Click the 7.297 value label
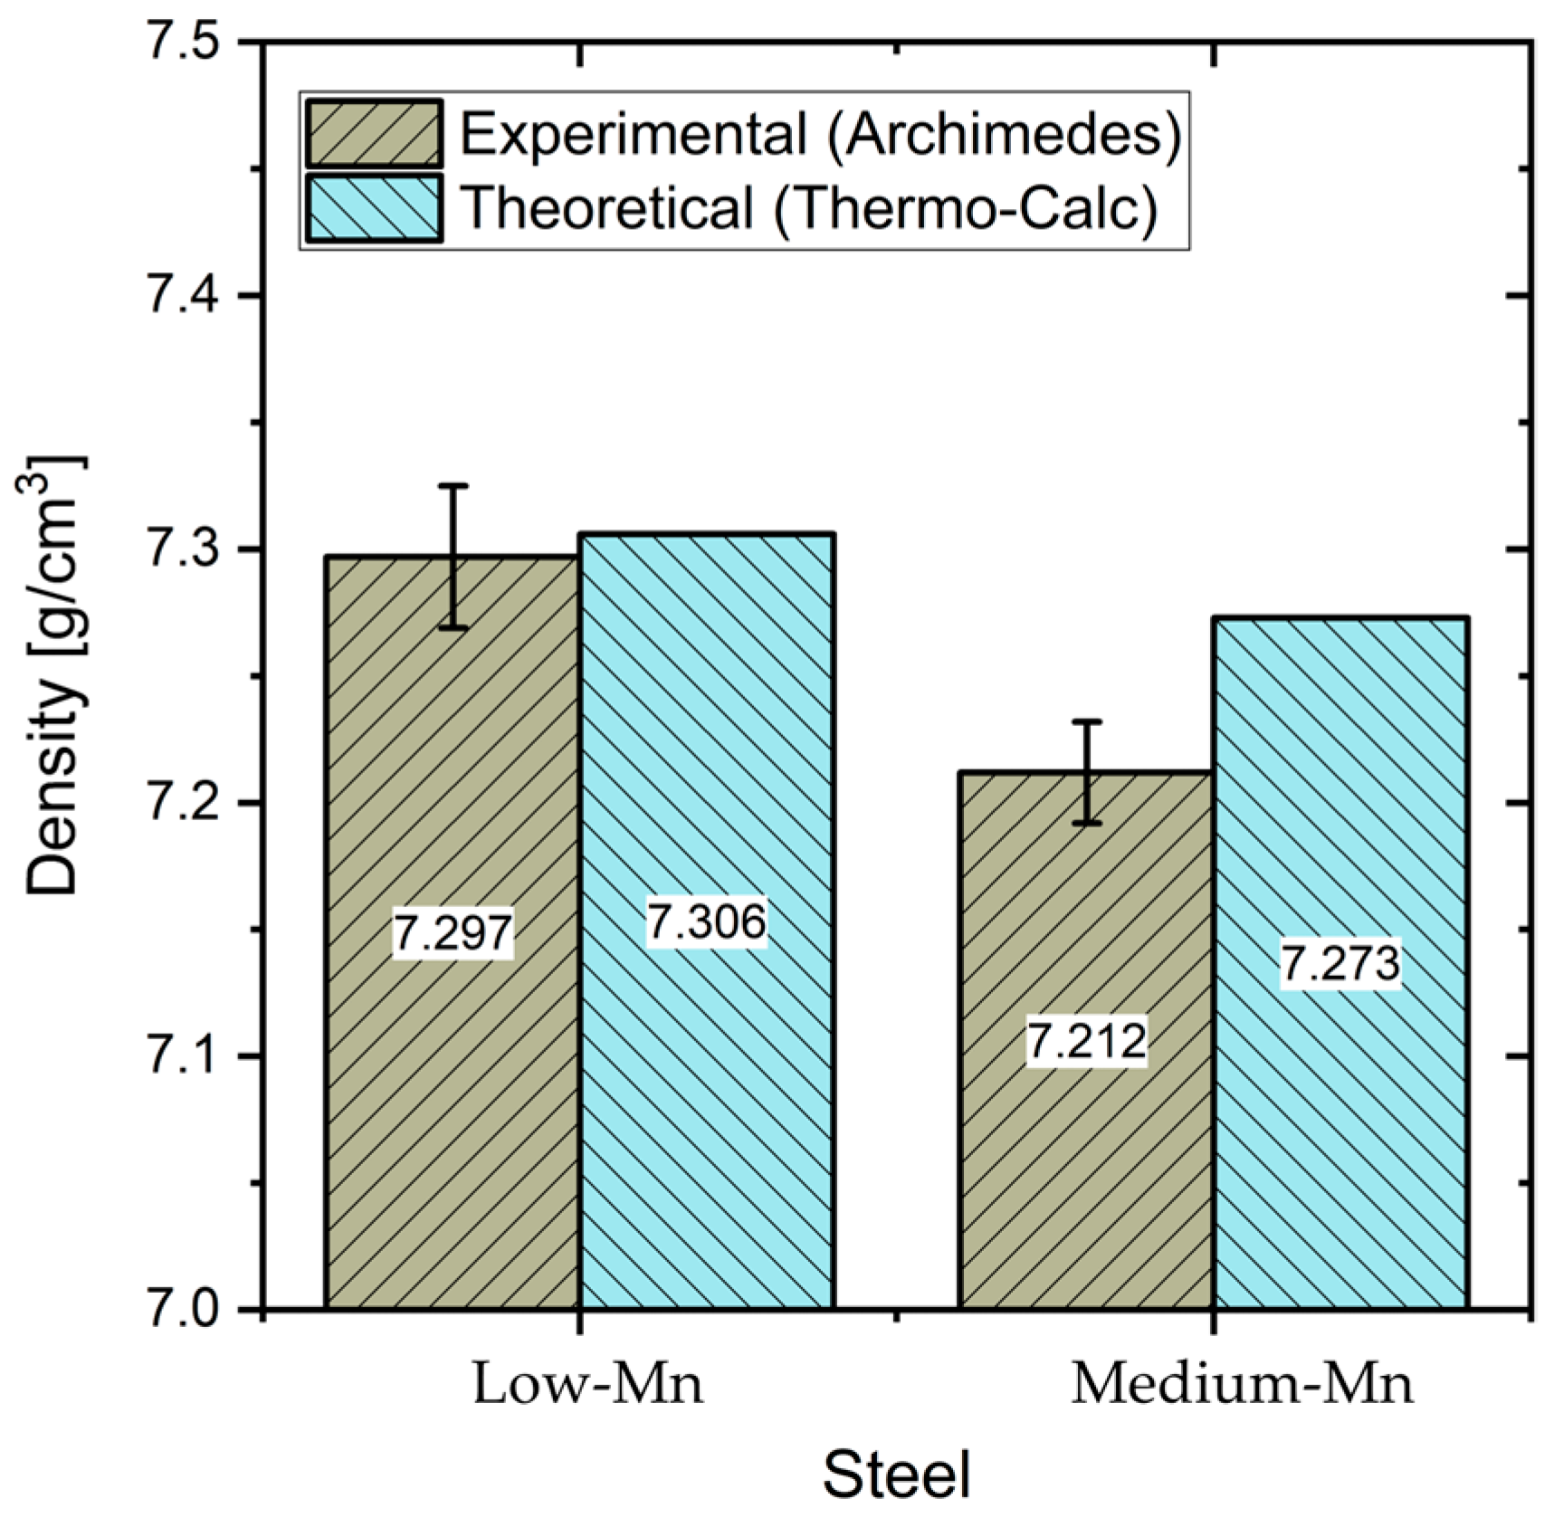(453, 931)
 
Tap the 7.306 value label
(706, 921)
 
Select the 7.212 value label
(1086, 1040)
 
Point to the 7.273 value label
(1339, 962)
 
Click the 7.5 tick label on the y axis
(185, 43)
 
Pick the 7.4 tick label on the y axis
(185, 296)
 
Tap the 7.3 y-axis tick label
(185, 549)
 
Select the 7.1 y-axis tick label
(185, 1056)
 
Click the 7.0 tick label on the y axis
(185, 1310)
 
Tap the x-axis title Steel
(896, 1475)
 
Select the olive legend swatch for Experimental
(374, 134)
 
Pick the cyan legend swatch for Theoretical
(374, 208)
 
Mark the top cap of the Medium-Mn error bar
(1086, 721)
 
